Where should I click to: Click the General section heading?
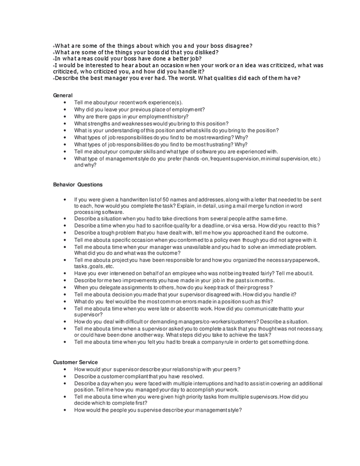[x=63, y=95]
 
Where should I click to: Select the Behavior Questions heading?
[x=78, y=184]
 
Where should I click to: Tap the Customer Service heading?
[x=76, y=362]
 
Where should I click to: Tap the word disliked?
[x=204, y=52]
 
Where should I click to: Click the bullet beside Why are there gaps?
[x=65, y=116]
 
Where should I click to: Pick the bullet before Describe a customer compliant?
[x=65, y=376]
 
